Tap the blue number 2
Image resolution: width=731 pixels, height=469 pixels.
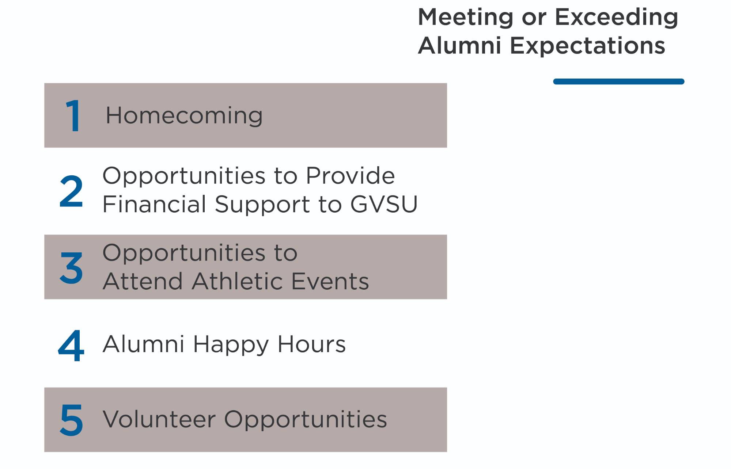click(x=71, y=191)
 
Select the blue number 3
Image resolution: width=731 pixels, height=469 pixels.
click(x=71, y=268)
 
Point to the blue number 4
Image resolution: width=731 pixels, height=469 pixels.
click(x=71, y=345)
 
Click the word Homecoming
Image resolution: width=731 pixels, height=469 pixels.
click(x=184, y=116)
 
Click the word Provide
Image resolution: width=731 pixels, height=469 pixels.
click(x=350, y=176)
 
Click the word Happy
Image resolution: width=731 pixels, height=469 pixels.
click(x=231, y=344)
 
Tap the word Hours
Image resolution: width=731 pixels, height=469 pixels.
click(x=311, y=344)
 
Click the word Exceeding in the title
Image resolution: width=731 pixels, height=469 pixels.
click(x=616, y=18)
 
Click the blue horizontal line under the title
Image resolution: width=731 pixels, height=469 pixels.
click(x=618, y=81)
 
